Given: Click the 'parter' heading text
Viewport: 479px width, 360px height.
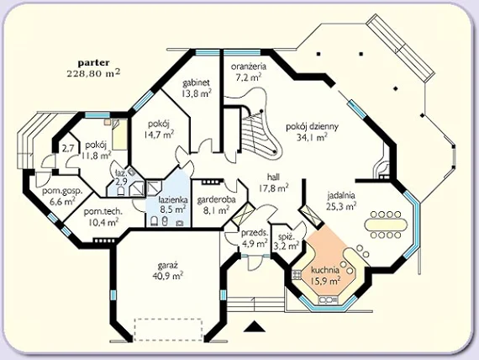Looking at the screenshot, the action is (93, 63).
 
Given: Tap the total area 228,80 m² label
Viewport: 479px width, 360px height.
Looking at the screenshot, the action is (93, 73).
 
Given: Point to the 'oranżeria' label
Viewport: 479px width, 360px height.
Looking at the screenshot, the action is (249, 66).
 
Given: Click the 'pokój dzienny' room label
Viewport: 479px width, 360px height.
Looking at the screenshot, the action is (312, 127).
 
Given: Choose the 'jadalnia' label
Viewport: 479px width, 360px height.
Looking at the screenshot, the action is (341, 195).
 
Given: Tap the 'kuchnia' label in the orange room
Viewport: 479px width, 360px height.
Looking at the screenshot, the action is (325, 270).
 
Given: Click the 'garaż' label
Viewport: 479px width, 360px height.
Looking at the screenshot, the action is (168, 265).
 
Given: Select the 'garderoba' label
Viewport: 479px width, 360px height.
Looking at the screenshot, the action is (216, 200).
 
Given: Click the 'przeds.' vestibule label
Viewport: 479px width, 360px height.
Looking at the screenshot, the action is (255, 233).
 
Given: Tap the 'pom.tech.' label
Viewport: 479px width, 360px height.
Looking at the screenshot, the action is (103, 212).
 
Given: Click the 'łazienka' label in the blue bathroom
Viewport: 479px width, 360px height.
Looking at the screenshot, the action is (173, 200).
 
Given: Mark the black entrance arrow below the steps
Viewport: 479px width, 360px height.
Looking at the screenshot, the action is (255, 326).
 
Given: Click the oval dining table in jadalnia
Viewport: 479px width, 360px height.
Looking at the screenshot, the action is (386, 225).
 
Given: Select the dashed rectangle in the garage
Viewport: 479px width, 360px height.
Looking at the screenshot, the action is (168, 330).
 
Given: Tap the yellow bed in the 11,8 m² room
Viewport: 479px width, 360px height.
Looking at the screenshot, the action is (119, 135).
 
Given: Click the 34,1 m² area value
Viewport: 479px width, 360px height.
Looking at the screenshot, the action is (312, 137).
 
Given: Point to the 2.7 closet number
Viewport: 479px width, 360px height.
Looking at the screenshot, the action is (68, 149).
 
